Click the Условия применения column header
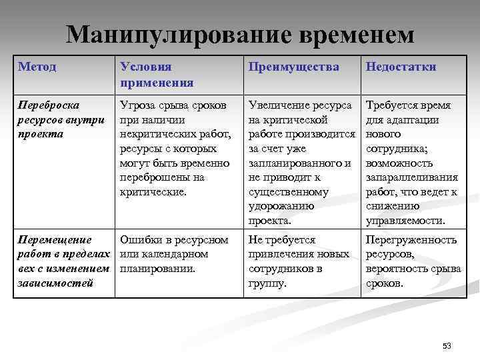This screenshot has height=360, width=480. tap(156, 75)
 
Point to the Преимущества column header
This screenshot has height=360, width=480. tap(293, 67)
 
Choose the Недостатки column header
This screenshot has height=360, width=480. tap(401, 67)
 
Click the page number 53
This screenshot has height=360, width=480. tap(447, 345)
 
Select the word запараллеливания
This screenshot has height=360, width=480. tap(411, 177)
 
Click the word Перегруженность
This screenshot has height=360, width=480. tap(411, 239)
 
